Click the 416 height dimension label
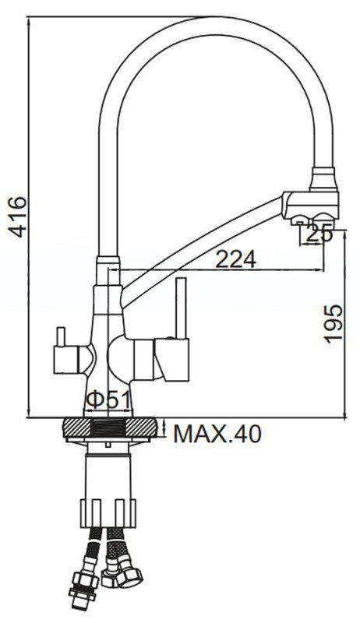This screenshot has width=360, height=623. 16,216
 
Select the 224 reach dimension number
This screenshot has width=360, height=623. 236,259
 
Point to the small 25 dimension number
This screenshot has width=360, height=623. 318,232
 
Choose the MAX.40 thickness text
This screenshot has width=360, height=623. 217,433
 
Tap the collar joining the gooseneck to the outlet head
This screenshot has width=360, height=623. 323,180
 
